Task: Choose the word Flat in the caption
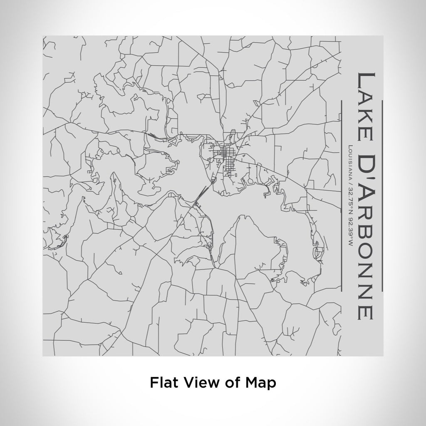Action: click(x=163, y=382)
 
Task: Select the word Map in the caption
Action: click(x=260, y=382)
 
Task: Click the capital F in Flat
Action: click(x=153, y=382)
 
